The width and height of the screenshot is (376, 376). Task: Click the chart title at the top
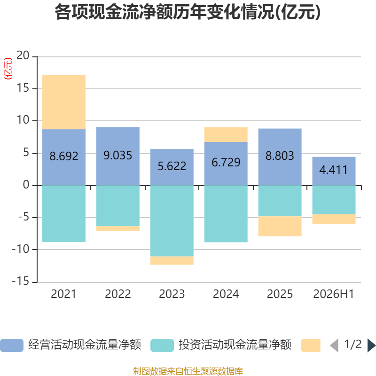tap(188, 12)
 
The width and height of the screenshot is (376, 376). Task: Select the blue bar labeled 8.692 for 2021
tap(64, 157)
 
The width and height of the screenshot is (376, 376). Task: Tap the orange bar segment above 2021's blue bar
tap(64, 102)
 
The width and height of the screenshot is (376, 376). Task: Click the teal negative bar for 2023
tap(172, 221)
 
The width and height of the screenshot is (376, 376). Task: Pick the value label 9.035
tap(118, 156)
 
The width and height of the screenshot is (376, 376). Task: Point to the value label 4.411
tap(334, 170)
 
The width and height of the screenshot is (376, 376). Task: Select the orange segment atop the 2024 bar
tap(226, 134)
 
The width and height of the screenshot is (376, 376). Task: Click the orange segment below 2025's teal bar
tap(280, 226)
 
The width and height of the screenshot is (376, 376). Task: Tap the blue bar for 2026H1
tap(334, 171)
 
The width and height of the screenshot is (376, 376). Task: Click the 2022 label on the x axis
tap(118, 294)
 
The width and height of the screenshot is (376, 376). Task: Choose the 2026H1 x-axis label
tap(334, 294)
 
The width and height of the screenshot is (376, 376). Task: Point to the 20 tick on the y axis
tap(23, 55)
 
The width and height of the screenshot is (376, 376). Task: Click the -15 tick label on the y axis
tap(21, 281)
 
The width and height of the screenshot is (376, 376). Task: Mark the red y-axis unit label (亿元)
tap(8, 69)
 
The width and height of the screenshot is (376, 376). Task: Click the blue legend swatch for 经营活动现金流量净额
tap(12, 345)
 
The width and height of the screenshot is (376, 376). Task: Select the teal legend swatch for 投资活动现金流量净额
tap(162, 345)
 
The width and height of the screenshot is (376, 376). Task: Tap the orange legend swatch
tap(311, 345)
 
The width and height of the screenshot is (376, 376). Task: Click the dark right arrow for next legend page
tap(371, 345)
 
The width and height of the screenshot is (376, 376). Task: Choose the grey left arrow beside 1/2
tap(334, 345)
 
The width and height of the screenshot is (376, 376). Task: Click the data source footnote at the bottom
tap(188, 371)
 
